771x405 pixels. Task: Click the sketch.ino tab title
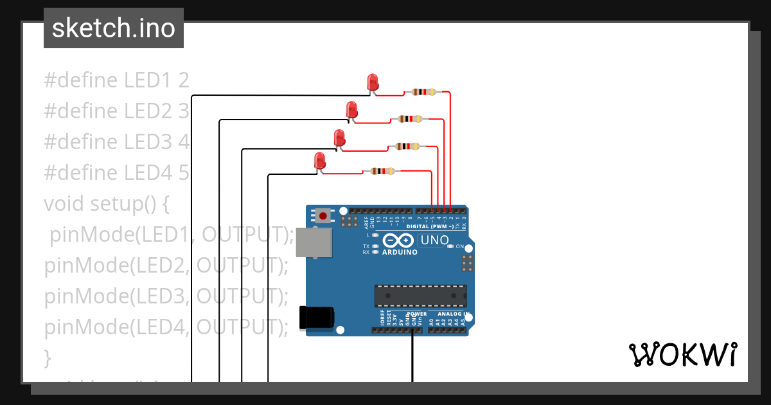[113, 28]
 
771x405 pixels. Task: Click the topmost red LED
[373, 82]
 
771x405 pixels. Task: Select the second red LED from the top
[351, 109]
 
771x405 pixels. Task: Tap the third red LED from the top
[339, 138]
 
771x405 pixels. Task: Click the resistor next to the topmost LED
[423, 92]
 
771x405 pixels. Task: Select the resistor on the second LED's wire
[410, 119]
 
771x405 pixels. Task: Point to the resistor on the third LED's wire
[407, 146]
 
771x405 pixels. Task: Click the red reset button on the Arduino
[323, 216]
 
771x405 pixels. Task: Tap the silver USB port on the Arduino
[314, 243]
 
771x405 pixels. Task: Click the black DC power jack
[317, 318]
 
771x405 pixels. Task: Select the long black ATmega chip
[421, 295]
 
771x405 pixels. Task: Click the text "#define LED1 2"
[116, 80]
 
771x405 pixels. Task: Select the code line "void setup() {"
[107, 204]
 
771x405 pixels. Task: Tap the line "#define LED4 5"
[116, 173]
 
